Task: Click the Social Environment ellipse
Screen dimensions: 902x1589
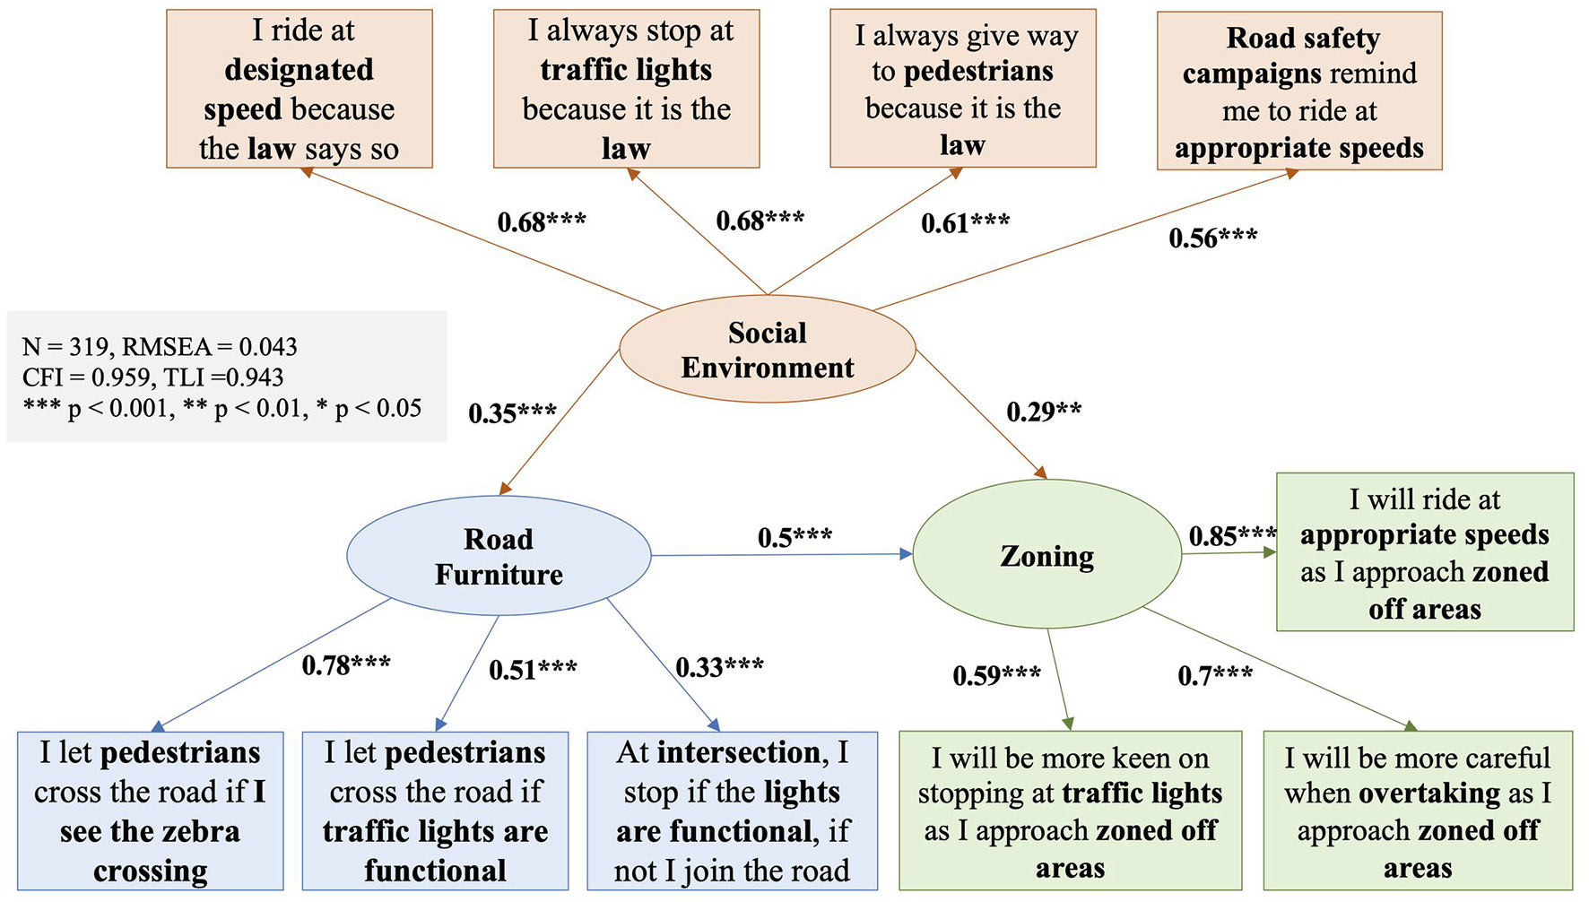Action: pyautogui.click(x=768, y=350)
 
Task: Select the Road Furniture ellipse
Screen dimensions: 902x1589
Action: pyautogui.click(x=499, y=556)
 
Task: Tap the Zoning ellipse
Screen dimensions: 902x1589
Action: pyautogui.click(x=1046, y=557)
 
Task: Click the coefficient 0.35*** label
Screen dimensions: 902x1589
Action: pyautogui.click(x=512, y=413)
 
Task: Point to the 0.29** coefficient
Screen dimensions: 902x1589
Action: pyautogui.click(x=1044, y=412)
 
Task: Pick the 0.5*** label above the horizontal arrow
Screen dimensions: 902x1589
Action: pyautogui.click(x=794, y=537)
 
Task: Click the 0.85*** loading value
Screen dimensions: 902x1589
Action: pyautogui.click(x=1232, y=536)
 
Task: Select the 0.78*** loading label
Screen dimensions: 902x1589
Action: pyautogui.click(x=346, y=665)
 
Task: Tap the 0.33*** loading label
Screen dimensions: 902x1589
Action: pyautogui.click(x=719, y=667)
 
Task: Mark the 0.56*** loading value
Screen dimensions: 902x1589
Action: pyautogui.click(x=1212, y=238)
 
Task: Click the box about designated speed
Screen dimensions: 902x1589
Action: pyautogui.click(x=300, y=89)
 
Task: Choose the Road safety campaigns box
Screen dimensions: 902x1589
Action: pyautogui.click(x=1299, y=91)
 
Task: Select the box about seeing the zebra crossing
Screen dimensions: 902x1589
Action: pyautogui.click(x=151, y=811)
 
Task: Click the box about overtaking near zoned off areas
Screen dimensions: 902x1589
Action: pyautogui.click(x=1418, y=811)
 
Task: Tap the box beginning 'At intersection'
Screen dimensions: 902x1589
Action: pyautogui.click(x=732, y=811)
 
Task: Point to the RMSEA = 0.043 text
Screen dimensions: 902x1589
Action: pyautogui.click(x=210, y=347)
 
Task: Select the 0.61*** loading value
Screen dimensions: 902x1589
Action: pyautogui.click(x=965, y=222)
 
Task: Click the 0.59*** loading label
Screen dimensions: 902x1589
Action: pyautogui.click(x=996, y=674)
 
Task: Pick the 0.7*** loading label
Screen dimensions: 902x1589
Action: pyautogui.click(x=1215, y=674)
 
